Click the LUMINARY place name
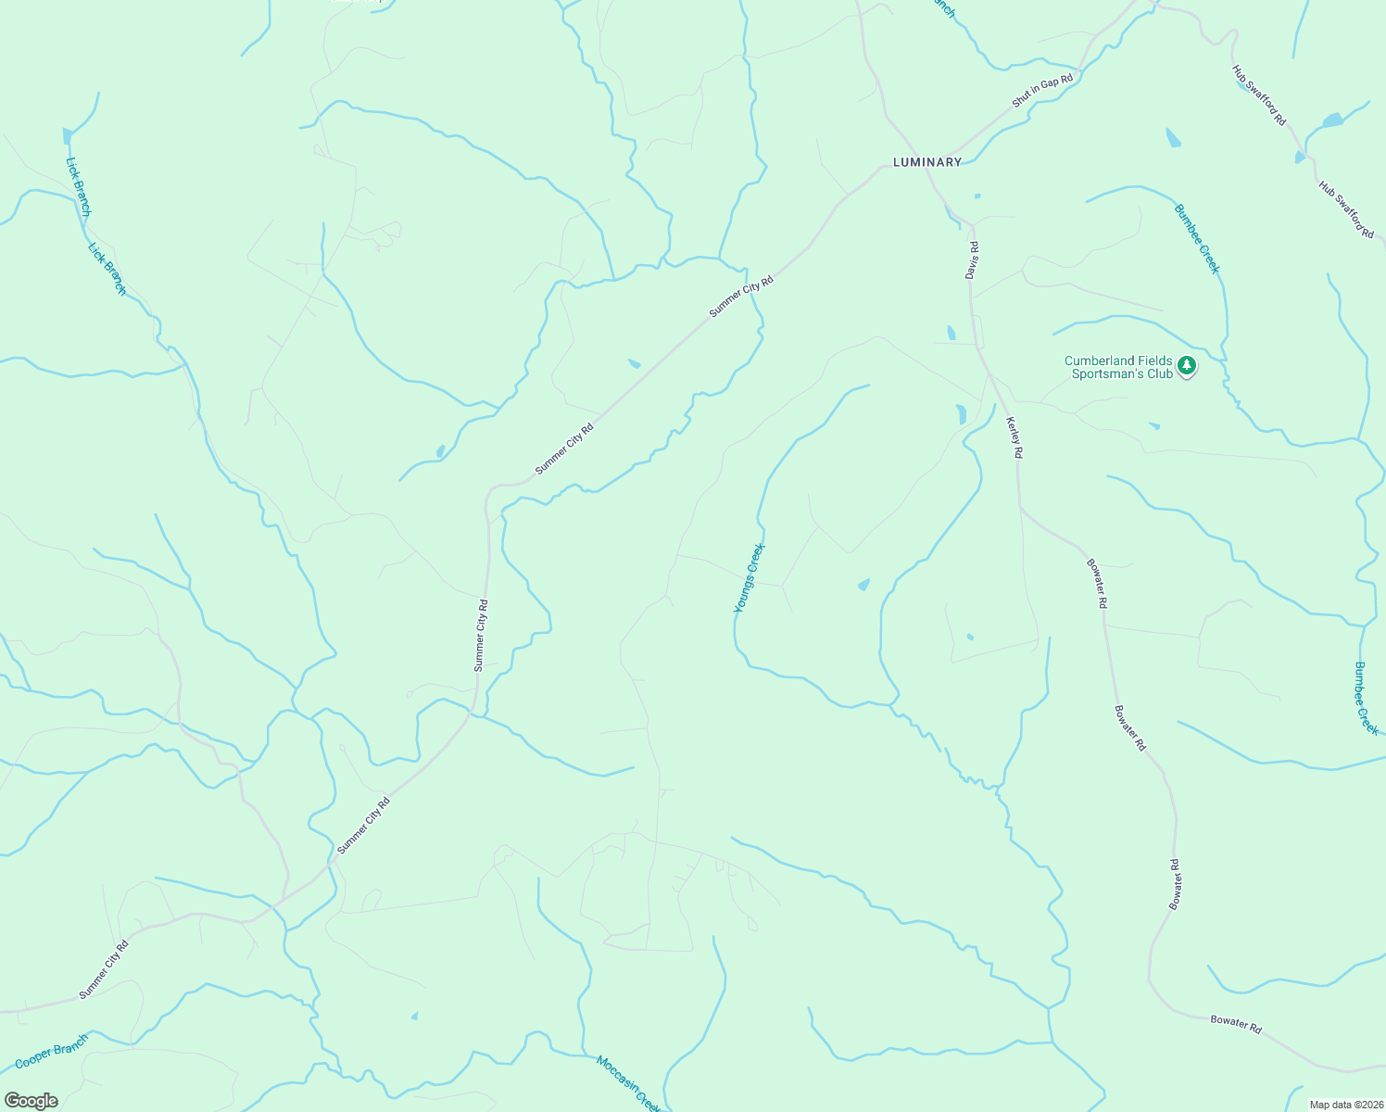926,162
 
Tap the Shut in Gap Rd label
1042,91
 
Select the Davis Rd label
972,260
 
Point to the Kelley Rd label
1014,437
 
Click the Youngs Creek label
750,578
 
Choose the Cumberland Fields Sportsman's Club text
1118,368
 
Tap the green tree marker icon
1187,367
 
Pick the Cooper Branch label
52,1051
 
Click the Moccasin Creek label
628,1084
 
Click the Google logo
31,1101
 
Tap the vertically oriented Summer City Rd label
480,635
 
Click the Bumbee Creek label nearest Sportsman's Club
1197,239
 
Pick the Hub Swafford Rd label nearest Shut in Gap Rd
1259,95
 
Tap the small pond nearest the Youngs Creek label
863,585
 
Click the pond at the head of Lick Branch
67,137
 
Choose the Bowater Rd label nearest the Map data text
1236,1024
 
